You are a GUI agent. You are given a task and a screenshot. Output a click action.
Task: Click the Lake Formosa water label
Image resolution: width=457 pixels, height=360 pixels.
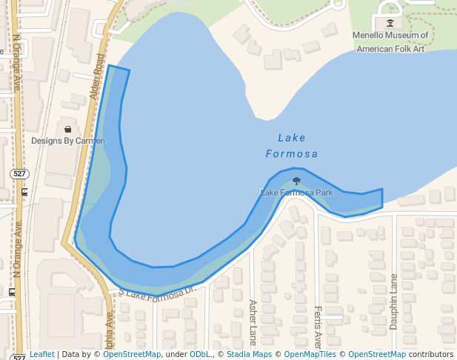[x=292, y=146]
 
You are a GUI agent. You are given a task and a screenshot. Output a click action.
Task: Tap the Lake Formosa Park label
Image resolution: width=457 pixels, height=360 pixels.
[x=297, y=193]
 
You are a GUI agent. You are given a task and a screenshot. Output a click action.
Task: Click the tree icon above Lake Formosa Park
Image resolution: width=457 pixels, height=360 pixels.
[x=297, y=180]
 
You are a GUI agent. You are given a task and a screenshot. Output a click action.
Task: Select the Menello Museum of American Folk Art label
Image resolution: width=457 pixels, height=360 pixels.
[x=391, y=42]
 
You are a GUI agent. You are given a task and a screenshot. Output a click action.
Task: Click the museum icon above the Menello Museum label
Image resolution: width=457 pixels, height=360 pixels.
[x=390, y=23]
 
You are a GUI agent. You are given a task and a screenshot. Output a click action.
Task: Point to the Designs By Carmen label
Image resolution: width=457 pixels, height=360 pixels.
[x=68, y=141]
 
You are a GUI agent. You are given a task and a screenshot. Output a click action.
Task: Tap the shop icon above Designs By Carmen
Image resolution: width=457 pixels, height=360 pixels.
[x=68, y=129]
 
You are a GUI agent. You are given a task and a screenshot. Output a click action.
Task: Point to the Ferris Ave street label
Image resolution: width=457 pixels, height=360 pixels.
[x=318, y=326]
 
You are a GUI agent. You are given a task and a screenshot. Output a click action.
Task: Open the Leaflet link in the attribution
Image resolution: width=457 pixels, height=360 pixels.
[x=42, y=355]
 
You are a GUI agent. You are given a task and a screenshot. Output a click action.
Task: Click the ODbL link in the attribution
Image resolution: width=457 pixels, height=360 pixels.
[x=199, y=355]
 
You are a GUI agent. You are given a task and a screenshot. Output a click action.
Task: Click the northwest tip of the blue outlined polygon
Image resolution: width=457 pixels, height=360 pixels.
[x=110, y=66]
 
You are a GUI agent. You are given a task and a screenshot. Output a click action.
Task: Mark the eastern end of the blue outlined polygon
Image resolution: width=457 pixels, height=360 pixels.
[x=382, y=199]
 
